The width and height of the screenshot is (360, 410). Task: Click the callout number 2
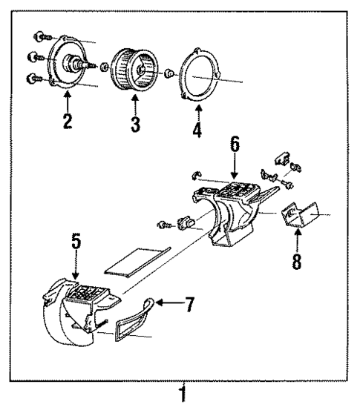[67, 122]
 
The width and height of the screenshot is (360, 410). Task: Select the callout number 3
[135, 124]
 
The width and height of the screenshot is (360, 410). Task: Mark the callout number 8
[297, 262]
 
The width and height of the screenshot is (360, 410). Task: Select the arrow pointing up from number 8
[297, 239]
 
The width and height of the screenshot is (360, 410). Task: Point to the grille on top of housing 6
[237, 191]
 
